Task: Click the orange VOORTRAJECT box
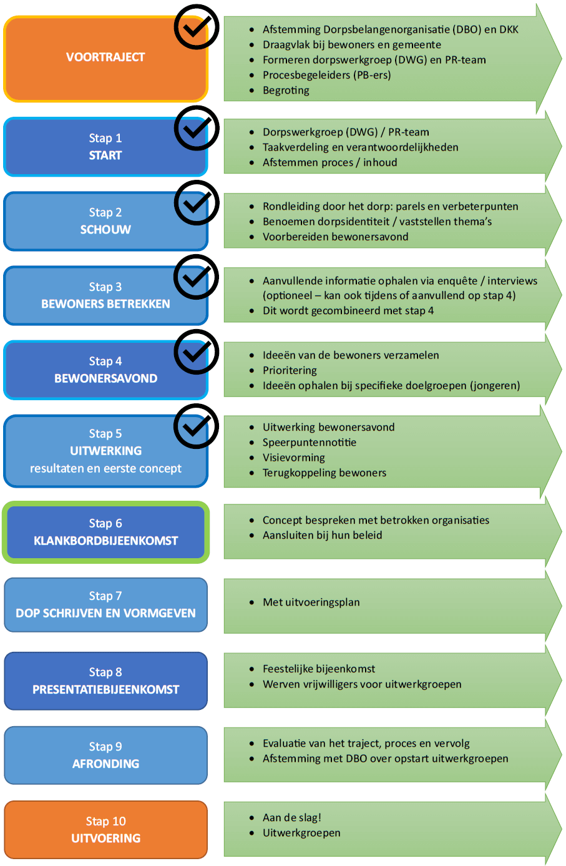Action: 105,59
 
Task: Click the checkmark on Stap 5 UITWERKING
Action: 197,426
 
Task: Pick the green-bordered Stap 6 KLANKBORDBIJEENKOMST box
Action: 105,531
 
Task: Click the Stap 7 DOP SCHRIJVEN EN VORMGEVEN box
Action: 105,604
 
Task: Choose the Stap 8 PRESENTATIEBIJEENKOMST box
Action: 105,681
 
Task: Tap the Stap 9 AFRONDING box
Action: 105,755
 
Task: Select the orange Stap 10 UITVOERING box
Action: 105,829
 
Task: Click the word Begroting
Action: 286,91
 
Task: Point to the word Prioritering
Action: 290,370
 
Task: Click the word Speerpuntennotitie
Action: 310,442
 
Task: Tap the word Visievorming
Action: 294,458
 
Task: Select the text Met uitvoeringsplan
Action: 311,602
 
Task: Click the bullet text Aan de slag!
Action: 291,817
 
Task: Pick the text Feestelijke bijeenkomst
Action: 319,669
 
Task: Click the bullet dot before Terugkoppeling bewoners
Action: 252,473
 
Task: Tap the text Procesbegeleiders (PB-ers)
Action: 327,75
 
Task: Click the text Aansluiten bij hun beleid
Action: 322,535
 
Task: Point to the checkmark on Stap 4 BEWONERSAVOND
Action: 197,352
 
